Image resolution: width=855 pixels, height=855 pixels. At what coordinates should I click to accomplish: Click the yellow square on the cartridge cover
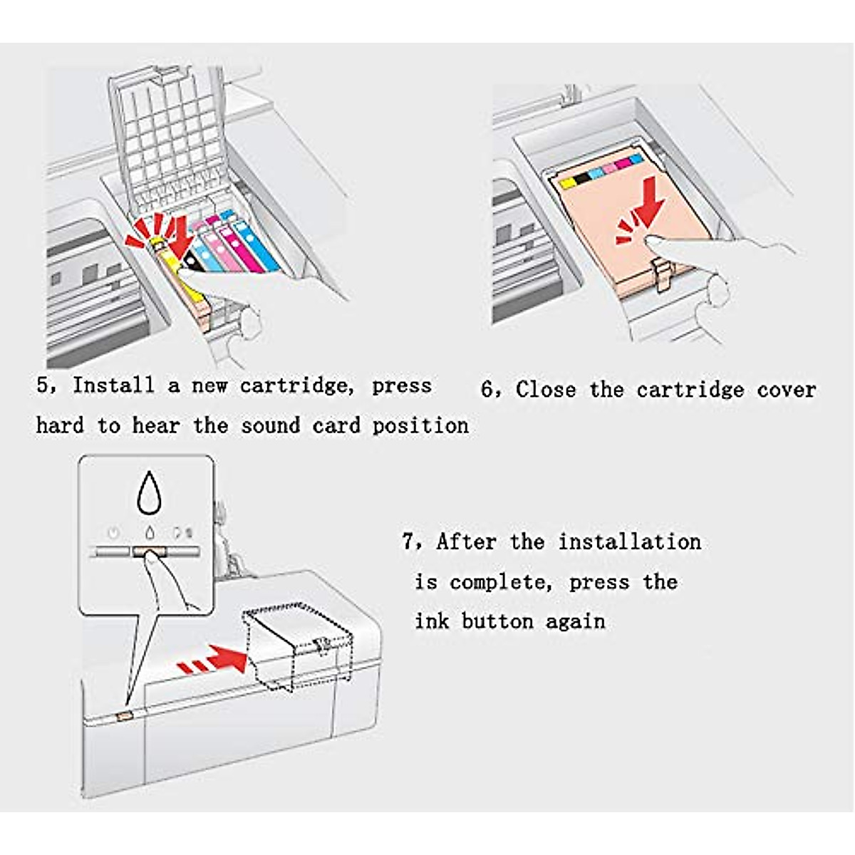[x=567, y=183]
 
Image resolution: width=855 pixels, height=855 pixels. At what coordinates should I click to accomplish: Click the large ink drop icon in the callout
[x=147, y=492]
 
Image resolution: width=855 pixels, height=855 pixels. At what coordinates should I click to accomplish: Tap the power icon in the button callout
[x=113, y=532]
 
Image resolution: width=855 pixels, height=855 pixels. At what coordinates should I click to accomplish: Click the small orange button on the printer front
[x=123, y=713]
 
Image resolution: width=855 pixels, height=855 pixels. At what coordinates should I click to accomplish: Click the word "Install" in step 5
[x=113, y=385]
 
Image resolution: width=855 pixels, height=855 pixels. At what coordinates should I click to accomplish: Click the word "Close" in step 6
[x=545, y=390]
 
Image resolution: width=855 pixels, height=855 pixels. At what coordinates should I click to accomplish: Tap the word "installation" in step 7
[x=629, y=541]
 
